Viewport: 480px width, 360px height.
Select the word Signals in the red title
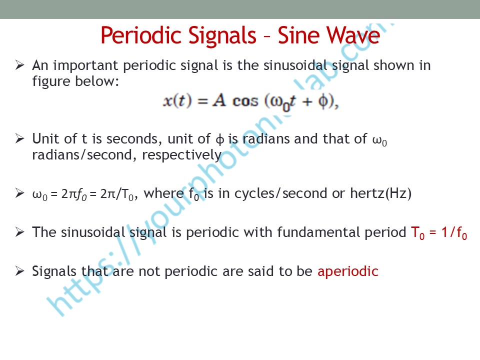coord(222,36)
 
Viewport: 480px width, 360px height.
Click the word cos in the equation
coord(245,100)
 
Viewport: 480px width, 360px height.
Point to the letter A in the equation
coord(219,100)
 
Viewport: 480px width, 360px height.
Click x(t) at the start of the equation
coord(177,100)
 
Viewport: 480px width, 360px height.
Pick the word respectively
coord(182,155)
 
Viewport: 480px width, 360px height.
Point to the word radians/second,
coord(84,155)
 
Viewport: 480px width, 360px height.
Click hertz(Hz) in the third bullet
coord(380,193)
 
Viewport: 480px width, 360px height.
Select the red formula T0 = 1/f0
coord(438,233)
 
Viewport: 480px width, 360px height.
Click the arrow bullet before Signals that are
coord(19,271)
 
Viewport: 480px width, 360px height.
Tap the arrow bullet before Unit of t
coord(19,138)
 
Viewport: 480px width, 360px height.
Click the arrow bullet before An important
coord(19,65)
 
